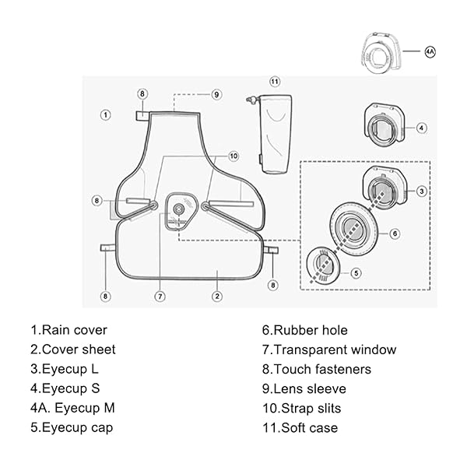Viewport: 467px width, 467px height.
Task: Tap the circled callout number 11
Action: tap(274, 82)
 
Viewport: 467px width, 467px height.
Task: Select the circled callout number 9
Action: tap(216, 94)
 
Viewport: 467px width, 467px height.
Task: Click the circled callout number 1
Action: tap(105, 114)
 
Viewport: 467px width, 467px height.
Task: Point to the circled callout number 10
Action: tap(233, 156)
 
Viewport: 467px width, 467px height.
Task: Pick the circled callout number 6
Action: tap(395, 233)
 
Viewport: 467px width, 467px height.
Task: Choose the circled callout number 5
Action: tap(356, 273)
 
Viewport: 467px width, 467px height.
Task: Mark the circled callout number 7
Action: tap(160, 296)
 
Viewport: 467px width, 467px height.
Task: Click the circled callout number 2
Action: tap(217, 296)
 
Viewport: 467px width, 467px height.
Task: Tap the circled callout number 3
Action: tap(421, 191)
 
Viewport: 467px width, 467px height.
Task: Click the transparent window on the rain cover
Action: tap(181, 210)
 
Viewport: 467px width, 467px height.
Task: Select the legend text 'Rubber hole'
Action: tap(304, 330)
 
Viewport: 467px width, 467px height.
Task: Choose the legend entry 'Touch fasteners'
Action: tap(317, 369)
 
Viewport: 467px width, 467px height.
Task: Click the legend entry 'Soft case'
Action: tap(300, 427)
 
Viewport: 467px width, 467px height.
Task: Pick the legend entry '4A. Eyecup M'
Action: tap(72, 408)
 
